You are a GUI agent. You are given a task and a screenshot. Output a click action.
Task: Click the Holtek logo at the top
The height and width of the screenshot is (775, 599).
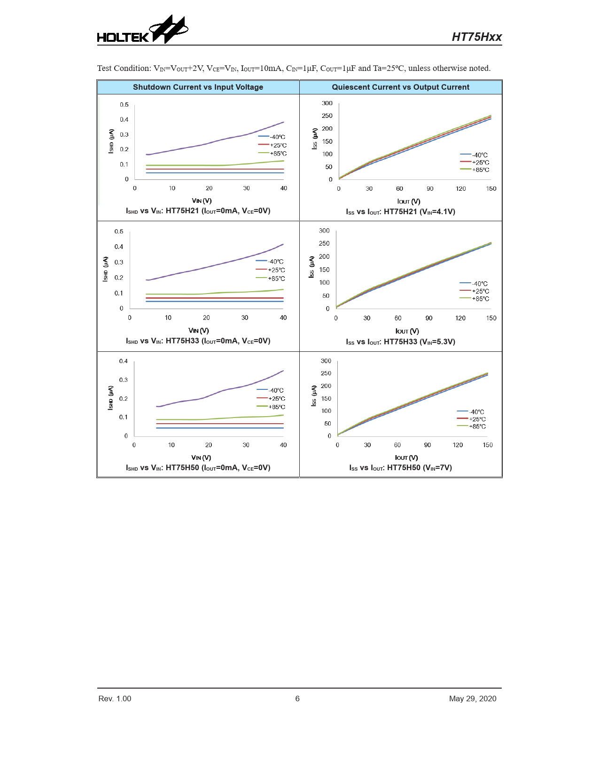(142, 31)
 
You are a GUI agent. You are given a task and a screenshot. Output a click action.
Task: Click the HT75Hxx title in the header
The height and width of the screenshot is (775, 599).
(476, 37)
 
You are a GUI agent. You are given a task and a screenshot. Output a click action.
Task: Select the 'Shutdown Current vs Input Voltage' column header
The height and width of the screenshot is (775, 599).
(198, 87)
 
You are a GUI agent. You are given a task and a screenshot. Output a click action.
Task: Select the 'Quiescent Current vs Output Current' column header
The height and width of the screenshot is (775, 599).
(400, 87)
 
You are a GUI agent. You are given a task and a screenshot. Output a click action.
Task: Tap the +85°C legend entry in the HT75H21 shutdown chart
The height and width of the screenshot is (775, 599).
(278, 154)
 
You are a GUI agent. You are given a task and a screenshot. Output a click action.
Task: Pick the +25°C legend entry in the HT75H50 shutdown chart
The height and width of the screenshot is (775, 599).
(276, 399)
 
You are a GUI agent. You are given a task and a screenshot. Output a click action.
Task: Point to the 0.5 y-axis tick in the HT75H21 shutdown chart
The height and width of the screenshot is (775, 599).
(124, 105)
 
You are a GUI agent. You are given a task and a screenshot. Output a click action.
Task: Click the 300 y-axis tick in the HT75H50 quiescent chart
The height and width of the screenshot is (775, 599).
(326, 361)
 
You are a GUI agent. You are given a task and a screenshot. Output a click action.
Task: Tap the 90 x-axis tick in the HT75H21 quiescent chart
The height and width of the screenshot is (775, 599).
(430, 189)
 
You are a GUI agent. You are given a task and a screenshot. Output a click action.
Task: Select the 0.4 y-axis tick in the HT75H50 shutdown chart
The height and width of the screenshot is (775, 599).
(124, 361)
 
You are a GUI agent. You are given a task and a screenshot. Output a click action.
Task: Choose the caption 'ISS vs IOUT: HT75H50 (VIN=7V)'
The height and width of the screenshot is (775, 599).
(400, 468)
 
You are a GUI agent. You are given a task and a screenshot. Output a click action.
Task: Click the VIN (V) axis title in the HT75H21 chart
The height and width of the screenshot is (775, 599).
(202, 201)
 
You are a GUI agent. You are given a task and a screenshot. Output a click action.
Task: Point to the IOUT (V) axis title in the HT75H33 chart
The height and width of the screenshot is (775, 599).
(407, 331)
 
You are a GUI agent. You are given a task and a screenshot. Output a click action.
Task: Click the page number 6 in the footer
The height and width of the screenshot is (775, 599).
(297, 698)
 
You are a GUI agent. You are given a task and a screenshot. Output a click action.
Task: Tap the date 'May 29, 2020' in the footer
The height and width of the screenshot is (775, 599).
(472, 698)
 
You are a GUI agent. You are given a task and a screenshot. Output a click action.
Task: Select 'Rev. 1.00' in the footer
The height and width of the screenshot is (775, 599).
(115, 698)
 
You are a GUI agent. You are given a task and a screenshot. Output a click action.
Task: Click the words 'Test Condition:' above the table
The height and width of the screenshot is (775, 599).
(124, 69)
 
